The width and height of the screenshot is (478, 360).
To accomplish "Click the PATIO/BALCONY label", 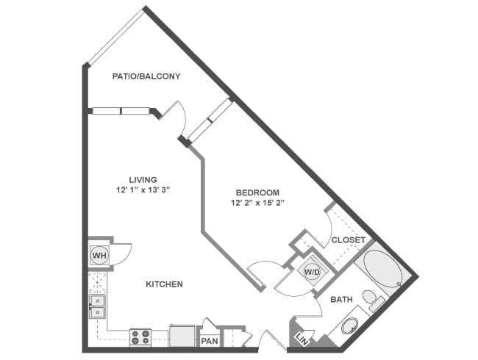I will pyautogui.click(x=146, y=76).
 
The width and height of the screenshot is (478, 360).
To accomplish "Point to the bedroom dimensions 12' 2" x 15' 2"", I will pyautogui.click(x=257, y=202).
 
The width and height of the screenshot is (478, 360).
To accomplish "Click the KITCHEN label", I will pyautogui.click(x=164, y=284).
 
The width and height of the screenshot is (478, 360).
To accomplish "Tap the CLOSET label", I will pyautogui.click(x=348, y=240).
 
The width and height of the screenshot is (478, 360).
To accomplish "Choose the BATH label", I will pyautogui.click(x=341, y=300).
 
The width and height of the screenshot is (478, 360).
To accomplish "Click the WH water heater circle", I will pyautogui.click(x=99, y=256).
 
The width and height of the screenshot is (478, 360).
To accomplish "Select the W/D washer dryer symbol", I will pyautogui.click(x=311, y=270).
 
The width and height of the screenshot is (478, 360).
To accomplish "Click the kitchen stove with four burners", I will pyautogui.click(x=140, y=336).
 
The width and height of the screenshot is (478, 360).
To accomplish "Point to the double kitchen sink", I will pyautogui.click(x=97, y=306).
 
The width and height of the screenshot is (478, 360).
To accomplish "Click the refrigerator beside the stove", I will pyautogui.click(x=182, y=335).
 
